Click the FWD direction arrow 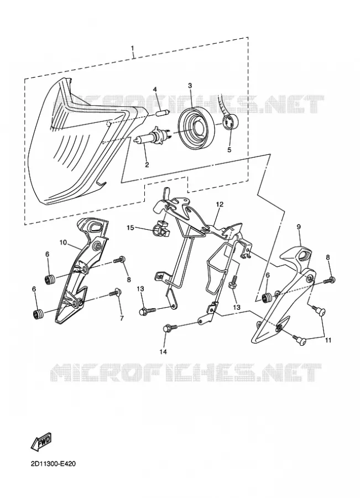pos(41,442)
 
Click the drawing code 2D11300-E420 pos(53,464)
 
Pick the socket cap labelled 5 pos(231,121)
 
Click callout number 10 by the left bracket pos(63,243)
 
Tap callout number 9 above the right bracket pos(299,226)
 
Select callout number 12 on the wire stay pos(220,204)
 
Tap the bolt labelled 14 pos(171,328)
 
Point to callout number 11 pos(328,340)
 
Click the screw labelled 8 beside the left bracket pos(119,260)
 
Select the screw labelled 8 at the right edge pos(330,281)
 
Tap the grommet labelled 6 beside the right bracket pos(267,297)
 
